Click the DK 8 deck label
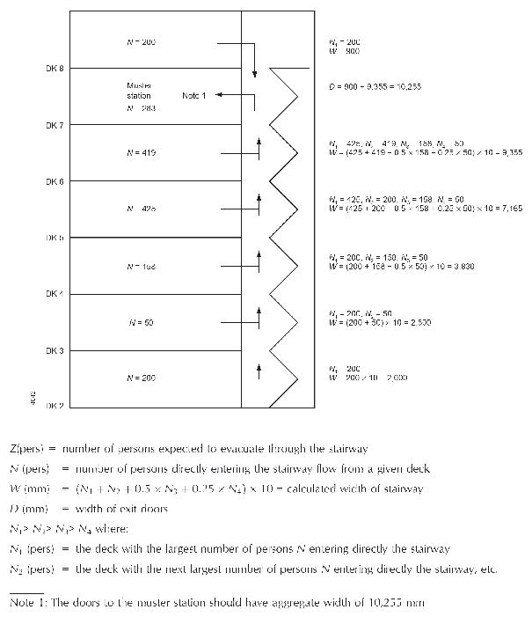tap(55, 69)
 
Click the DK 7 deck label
tap(55, 125)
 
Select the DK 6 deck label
tap(55, 181)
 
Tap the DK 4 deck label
tap(55, 294)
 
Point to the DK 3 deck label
tap(55, 350)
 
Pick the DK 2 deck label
tap(55, 406)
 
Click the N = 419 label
tap(141, 153)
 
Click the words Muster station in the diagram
tap(140, 91)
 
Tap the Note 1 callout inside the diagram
tap(193, 95)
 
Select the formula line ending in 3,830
tap(401, 265)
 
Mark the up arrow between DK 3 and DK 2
tap(259, 370)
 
